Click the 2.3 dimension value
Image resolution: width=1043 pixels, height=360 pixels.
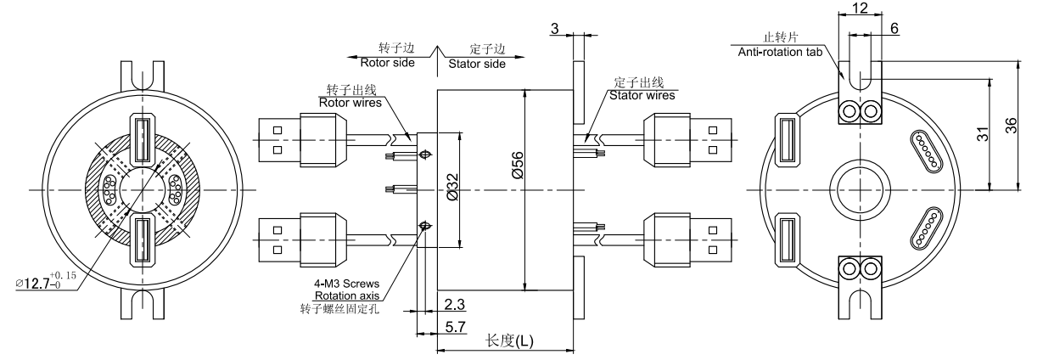tap(452, 303)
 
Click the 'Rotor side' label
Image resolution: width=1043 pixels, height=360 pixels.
tap(386, 63)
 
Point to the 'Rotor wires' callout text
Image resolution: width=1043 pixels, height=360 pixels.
tap(350, 102)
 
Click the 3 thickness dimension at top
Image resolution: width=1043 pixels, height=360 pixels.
tap(554, 29)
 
